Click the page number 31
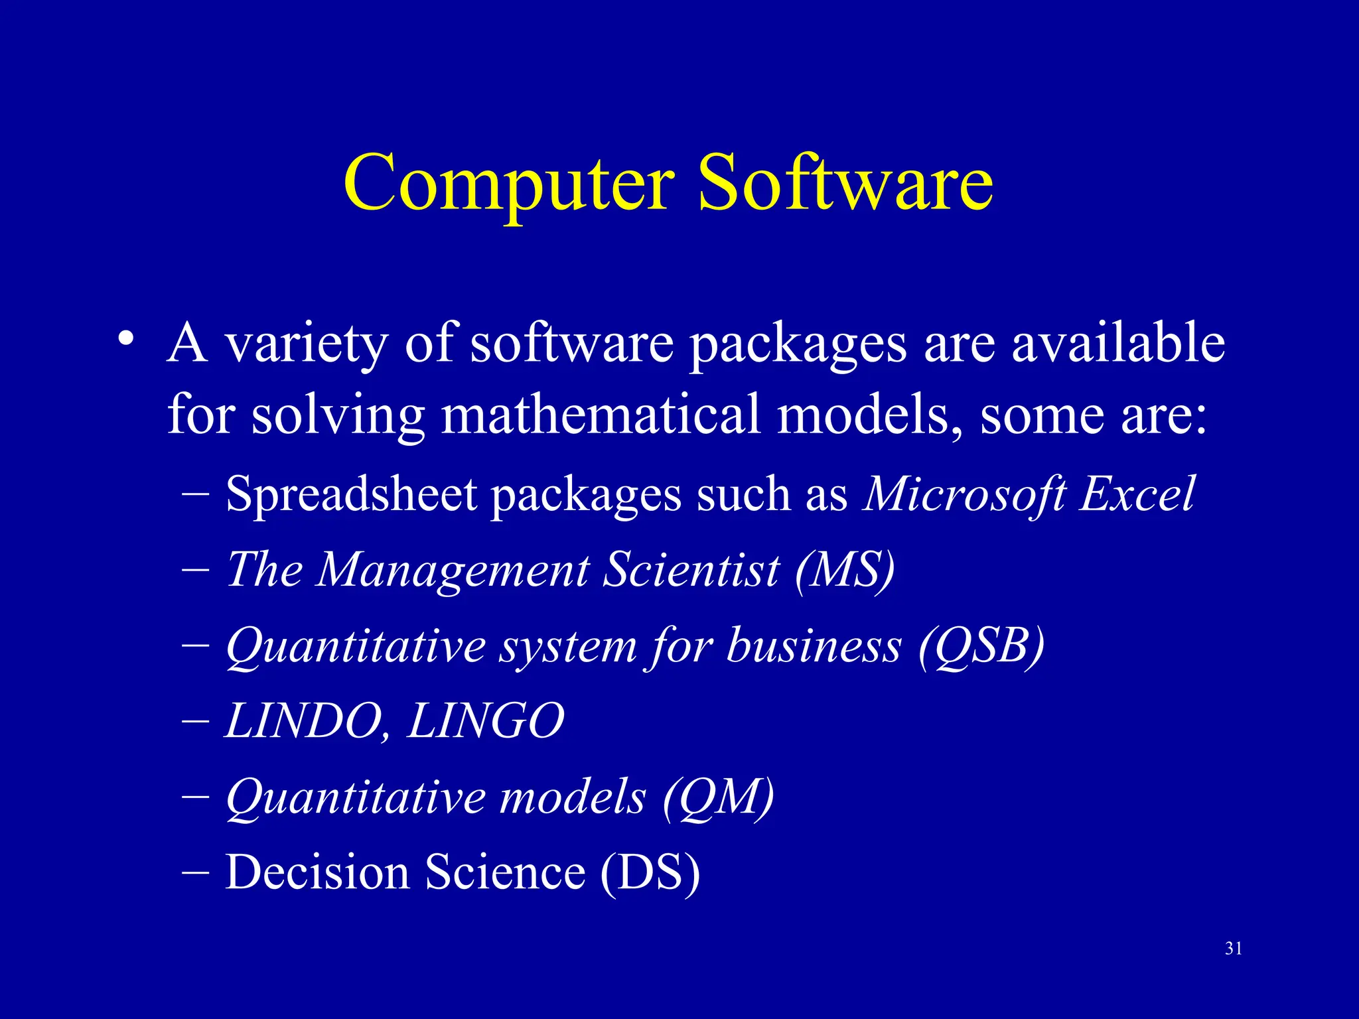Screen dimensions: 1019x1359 [1234, 949]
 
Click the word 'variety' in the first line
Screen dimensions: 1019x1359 [306, 345]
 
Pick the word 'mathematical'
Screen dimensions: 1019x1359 [601, 414]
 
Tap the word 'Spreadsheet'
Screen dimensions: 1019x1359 [351, 495]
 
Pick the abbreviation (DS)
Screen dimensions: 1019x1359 [650, 872]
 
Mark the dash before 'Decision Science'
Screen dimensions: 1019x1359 [195, 872]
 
